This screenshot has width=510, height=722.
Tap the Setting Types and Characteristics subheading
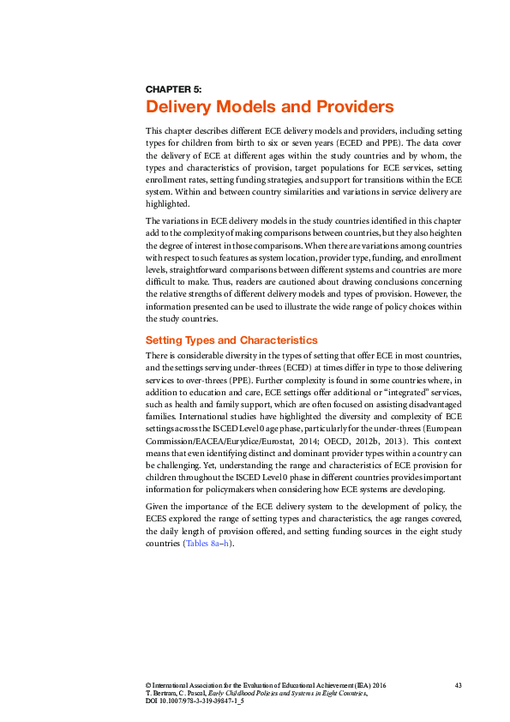tap(231, 340)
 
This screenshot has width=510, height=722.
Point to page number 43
tap(459, 684)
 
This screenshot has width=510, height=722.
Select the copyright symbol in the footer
tap(148, 684)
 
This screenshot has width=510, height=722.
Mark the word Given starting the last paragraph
tap(157, 506)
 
